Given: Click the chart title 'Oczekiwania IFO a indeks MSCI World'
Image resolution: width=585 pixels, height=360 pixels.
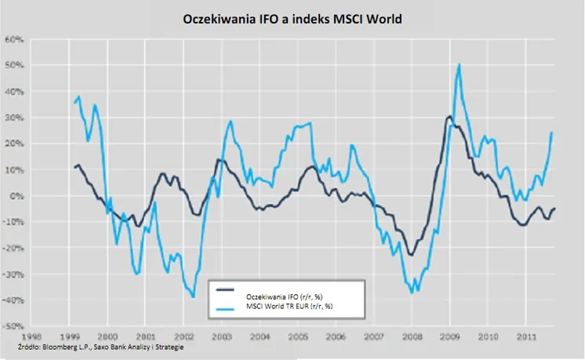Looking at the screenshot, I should pos(292,18).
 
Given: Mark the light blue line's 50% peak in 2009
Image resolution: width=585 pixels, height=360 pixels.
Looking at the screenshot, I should pos(459,64).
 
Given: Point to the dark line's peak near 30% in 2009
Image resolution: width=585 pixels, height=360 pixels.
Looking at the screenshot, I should pos(449,117).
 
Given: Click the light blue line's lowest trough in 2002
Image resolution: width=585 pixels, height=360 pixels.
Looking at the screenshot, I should pos(193,296).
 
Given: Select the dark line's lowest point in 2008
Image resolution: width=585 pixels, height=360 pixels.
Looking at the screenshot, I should pos(411,254).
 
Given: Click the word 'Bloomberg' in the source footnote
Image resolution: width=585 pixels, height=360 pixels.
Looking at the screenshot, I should pos(61,346).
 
